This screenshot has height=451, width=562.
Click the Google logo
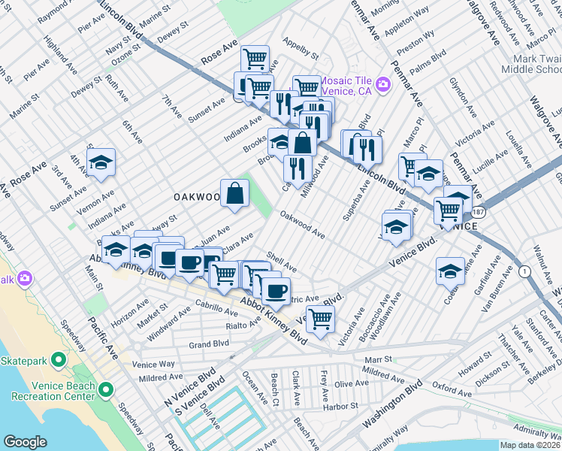pos(26,442)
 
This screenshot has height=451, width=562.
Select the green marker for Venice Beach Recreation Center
pos(106,389)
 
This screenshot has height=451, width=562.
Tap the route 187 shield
pos(479,213)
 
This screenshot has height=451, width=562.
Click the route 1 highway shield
pos(524,269)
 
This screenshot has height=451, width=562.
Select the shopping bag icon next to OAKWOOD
pos(235,192)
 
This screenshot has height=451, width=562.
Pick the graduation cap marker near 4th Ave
pos(100,162)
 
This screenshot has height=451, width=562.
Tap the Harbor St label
pos(340,407)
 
